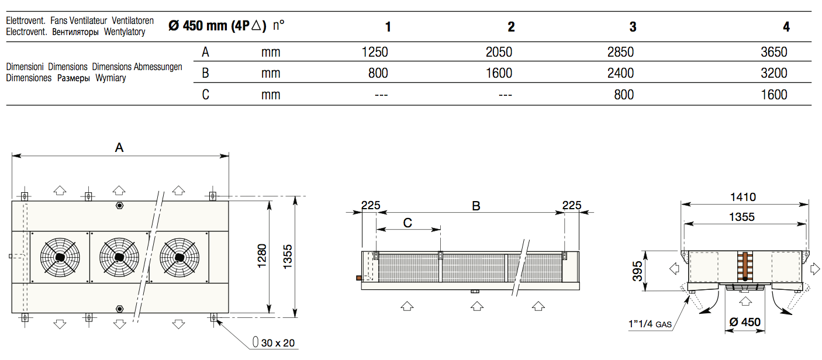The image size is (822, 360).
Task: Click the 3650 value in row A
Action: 773,52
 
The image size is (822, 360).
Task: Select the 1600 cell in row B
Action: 499,73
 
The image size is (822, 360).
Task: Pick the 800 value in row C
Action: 623,95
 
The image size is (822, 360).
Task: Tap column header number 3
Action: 633,27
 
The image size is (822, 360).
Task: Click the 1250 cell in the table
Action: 375,52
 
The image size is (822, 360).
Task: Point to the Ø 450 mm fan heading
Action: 217,26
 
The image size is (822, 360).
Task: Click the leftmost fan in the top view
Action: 60,257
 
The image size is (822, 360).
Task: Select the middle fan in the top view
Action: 119,257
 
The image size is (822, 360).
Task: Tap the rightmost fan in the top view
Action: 179,257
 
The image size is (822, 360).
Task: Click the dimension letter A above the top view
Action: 119,147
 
